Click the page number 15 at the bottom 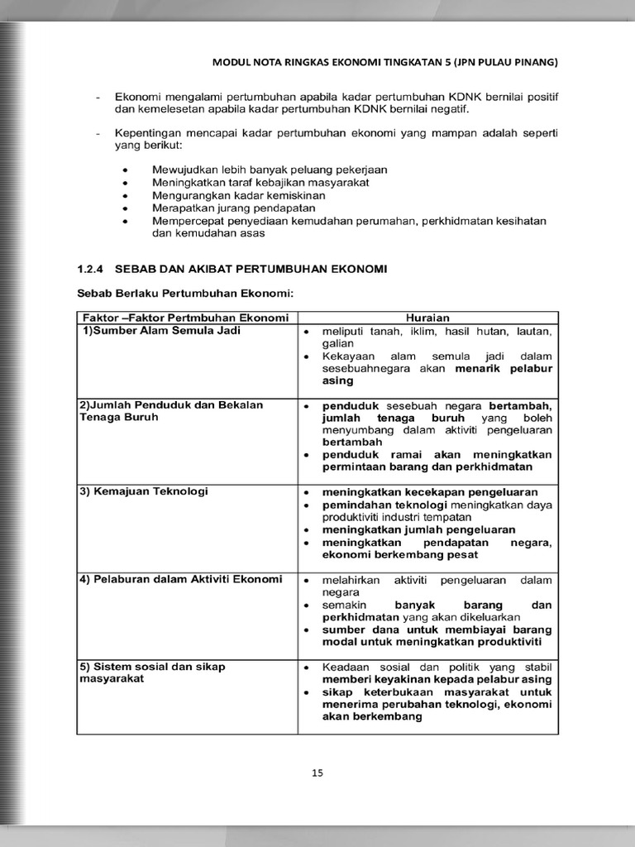pyautogui.click(x=317, y=773)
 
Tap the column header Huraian pyautogui.click(x=427, y=318)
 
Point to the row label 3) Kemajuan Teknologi pyautogui.click(x=144, y=491)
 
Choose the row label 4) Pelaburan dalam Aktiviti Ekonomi pyautogui.click(x=180, y=579)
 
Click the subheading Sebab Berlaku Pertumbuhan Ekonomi pyautogui.click(x=185, y=293)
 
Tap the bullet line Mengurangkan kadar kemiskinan pyautogui.click(x=239, y=196)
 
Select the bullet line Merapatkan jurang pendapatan pyautogui.click(x=234, y=208)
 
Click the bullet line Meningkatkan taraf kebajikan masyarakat pyautogui.click(x=260, y=182)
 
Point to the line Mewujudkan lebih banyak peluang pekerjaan pyautogui.click(x=270, y=170)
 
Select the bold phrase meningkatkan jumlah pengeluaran pyautogui.click(x=418, y=529)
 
